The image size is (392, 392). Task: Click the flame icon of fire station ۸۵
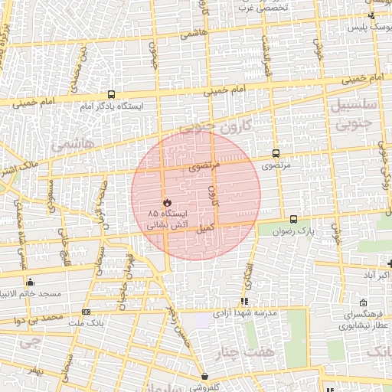165,202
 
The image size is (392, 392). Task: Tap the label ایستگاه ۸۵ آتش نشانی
165,217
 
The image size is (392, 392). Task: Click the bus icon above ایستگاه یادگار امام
112,93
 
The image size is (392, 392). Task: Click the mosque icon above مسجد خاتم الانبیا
30,283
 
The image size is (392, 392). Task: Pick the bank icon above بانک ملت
86,312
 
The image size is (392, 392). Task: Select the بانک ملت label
86,323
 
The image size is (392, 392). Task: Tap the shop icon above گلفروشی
205,376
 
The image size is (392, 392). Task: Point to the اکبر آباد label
374,274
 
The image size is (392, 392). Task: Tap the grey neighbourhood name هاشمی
72,143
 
